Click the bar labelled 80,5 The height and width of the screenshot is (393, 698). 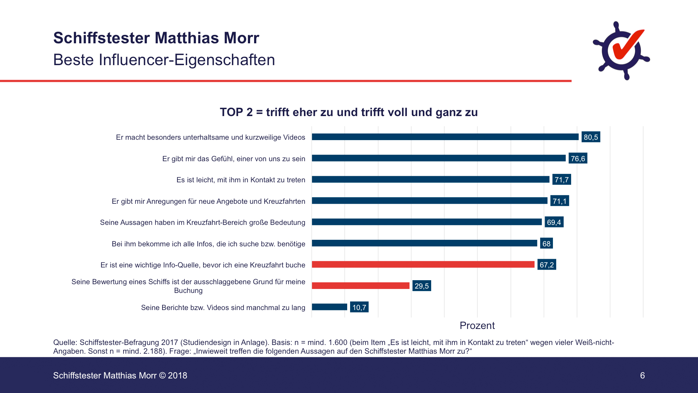point(445,137)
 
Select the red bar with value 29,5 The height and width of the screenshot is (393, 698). point(361,286)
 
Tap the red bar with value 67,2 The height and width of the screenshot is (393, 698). point(423,265)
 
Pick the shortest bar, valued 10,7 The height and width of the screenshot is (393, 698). point(329,307)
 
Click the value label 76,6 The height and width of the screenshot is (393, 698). point(578,158)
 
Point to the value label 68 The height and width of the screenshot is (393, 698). point(546,243)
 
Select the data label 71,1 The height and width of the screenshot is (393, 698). point(559,201)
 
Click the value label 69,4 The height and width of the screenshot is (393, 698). point(554,222)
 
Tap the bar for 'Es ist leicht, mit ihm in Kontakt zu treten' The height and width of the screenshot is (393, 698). point(430,179)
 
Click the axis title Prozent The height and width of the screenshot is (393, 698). point(477,325)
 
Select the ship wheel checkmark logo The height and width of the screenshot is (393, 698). point(621,51)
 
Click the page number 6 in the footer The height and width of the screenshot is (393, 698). point(642,376)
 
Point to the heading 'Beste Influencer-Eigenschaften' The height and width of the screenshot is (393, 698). point(164,60)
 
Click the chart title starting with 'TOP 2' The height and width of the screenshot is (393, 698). point(349,112)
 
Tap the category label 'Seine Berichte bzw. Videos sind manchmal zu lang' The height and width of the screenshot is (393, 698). point(223,307)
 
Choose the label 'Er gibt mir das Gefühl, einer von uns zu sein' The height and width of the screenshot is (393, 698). point(233,159)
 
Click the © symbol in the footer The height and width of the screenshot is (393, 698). point(162,376)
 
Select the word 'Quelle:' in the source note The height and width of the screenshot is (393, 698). point(65,342)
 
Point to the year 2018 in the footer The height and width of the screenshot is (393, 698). point(177,376)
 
